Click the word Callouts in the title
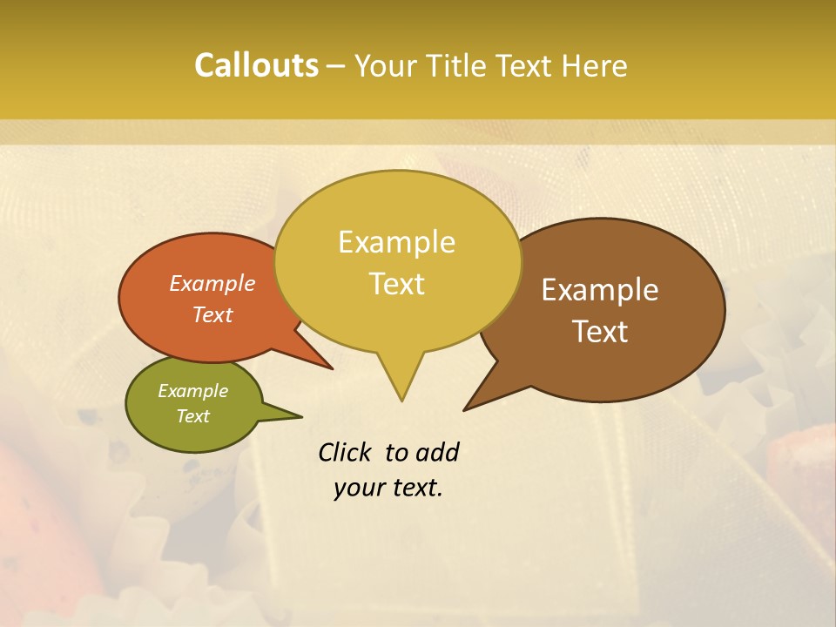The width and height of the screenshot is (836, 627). [x=256, y=65]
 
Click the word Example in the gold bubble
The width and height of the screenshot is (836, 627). [x=397, y=242]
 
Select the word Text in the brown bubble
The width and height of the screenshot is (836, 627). [x=600, y=331]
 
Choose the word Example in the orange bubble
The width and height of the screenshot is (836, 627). [x=212, y=283]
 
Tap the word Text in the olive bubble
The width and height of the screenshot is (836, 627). [x=193, y=416]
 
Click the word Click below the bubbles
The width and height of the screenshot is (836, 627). [x=346, y=452]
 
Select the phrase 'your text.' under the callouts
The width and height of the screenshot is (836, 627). [x=388, y=489]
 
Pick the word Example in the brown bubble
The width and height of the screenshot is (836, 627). [x=600, y=290]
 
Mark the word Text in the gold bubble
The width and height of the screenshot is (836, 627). [x=397, y=284]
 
